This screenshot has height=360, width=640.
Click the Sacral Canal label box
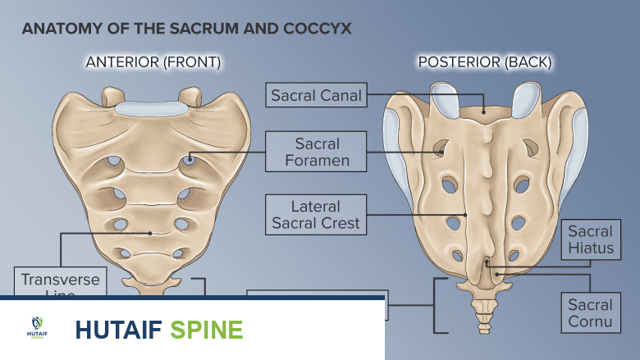pyautogui.click(x=316, y=95)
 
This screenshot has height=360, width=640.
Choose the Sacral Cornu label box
pyautogui.click(x=590, y=313)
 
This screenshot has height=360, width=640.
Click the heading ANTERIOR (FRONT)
pyautogui.click(x=153, y=62)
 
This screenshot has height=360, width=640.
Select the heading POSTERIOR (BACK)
pyautogui.click(x=485, y=62)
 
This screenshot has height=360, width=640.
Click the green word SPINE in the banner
pyautogui.click(x=207, y=330)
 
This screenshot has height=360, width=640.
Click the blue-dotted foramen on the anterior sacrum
pyautogui.click(x=190, y=159)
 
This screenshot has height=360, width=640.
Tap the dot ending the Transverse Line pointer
pyautogui.click(x=150, y=233)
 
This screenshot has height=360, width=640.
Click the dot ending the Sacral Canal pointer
pyautogui.click(x=484, y=111)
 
